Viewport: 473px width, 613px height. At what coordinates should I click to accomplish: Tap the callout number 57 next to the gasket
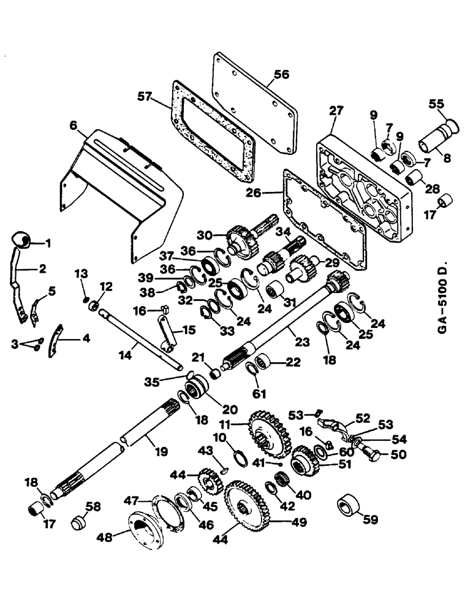pyautogui.click(x=145, y=96)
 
